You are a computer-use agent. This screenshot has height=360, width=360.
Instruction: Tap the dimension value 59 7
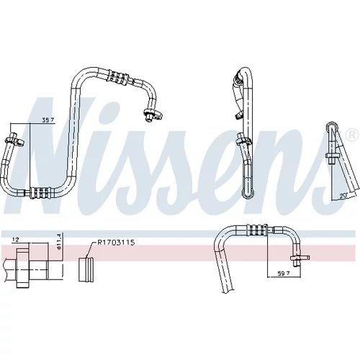coord(283,273)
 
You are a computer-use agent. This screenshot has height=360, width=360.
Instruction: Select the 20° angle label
coord(343,196)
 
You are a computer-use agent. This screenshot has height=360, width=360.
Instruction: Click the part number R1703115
coord(116,243)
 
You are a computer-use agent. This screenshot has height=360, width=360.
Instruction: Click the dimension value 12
coord(16,239)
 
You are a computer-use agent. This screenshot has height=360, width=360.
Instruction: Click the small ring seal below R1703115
coord(86,269)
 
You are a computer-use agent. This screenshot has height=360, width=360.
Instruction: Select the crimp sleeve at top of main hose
coord(118,77)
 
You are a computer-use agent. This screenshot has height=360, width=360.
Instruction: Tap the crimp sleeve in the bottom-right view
coord(258,230)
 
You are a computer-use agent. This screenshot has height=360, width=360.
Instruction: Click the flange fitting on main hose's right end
coord(153,114)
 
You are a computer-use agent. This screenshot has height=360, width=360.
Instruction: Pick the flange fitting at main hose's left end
coord(15,140)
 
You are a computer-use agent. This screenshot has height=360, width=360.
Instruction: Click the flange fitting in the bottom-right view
coord(300,258)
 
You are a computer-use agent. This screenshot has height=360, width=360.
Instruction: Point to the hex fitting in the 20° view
coord(333,156)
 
